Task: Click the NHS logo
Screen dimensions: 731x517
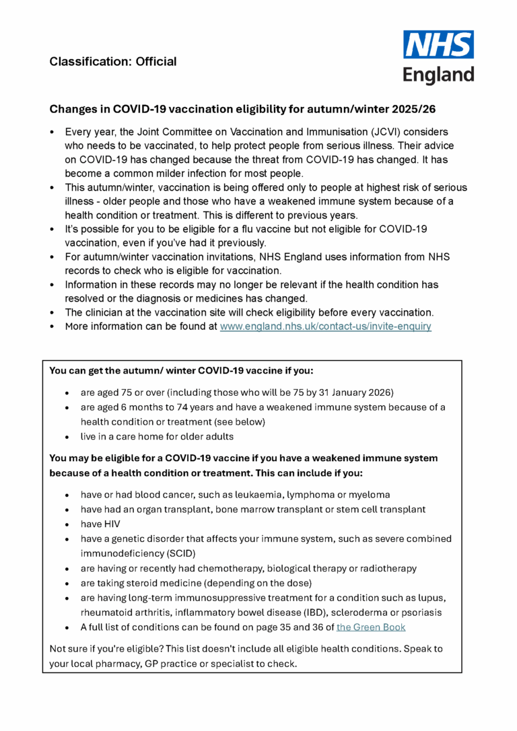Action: (438, 44)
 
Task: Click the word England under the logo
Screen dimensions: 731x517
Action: (438, 74)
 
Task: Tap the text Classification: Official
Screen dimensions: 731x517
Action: (113, 62)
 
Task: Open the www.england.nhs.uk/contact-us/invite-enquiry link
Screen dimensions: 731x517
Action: (326, 326)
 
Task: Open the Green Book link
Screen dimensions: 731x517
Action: (371, 627)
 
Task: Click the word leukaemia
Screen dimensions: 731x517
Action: (260, 494)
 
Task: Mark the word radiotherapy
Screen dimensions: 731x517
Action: (386, 568)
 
